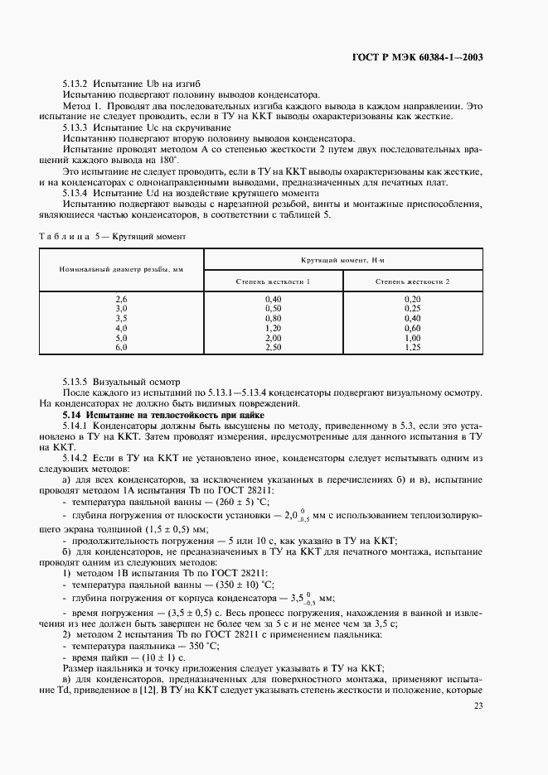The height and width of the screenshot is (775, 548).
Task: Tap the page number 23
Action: click(x=478, y=705)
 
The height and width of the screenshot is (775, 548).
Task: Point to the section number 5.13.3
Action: click(x=77, y=128)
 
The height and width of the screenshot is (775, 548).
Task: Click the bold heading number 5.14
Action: click(x=75, y=412)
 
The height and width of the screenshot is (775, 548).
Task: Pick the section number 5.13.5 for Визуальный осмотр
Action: click(x=77, y=382)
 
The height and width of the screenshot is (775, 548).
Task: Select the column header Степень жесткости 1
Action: click(x=274, y=282)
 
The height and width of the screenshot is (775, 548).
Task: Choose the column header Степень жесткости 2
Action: click(x=412, y=282)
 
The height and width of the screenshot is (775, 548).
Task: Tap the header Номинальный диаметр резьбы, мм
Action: click(x=121, y=270)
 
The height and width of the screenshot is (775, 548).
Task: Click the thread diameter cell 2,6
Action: click(x=121, y=298)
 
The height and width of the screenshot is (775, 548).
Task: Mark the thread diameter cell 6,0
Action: click(x=121, y=348)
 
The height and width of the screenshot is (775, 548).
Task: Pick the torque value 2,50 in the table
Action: click(x=274, y=348)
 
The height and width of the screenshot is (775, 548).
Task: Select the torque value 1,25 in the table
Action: click(x=412, y=348)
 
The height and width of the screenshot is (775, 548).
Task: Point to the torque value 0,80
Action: click(x=274, y=318)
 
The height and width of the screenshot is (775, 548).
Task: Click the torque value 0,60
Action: click(x=412, y=328)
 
